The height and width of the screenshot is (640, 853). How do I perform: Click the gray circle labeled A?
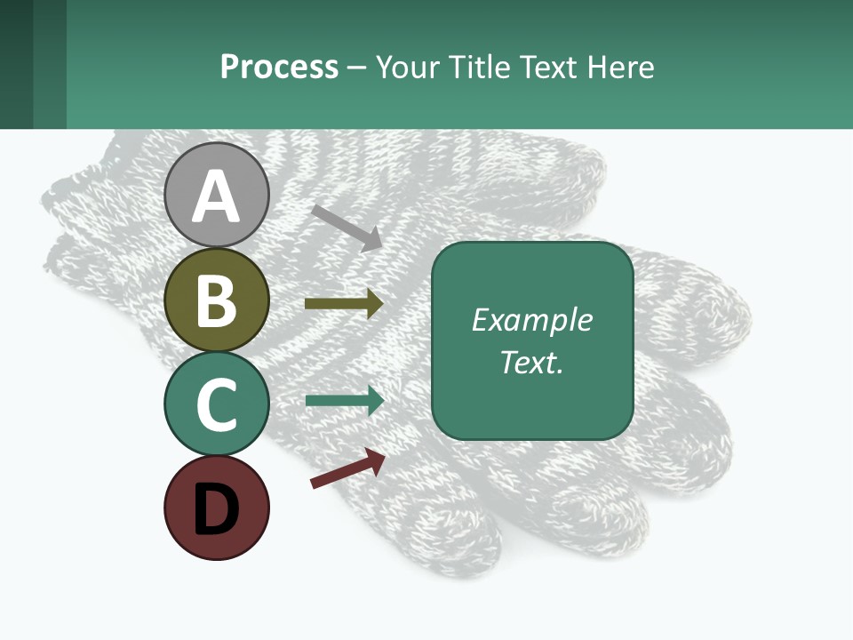point(217,195)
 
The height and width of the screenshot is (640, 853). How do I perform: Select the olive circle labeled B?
point(217,300)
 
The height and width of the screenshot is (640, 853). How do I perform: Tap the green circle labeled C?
point(217,404)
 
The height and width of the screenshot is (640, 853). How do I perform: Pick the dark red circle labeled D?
point(217,508)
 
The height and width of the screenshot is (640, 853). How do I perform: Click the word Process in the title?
point(279,67)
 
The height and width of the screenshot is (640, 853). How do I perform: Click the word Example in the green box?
point(531,320)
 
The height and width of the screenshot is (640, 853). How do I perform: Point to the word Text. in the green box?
point(531,362)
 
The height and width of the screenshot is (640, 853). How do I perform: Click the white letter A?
point(217,196)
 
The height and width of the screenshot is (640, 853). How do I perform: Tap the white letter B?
point(217,300)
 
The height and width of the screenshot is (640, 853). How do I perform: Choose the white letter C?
point(217,404)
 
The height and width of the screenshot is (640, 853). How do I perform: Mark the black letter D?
point(217,508)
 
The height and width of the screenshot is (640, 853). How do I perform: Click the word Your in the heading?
point(408,67)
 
